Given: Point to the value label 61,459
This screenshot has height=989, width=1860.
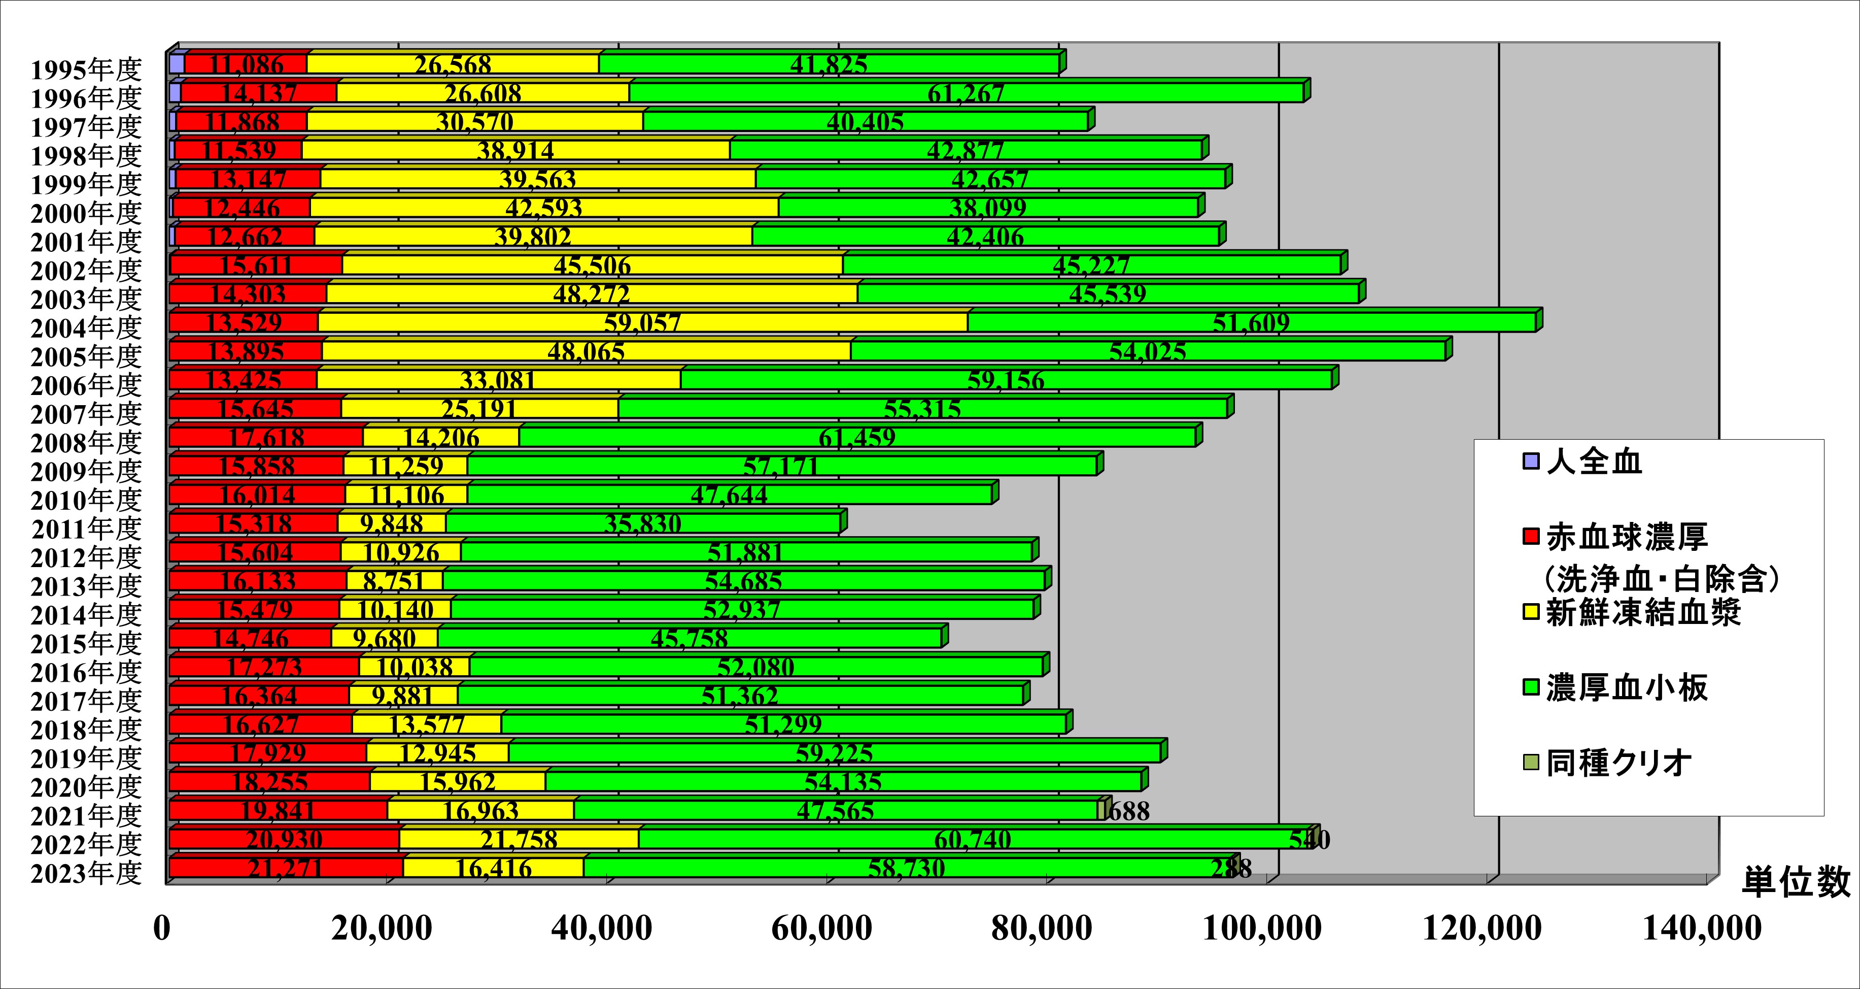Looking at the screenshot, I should pyautogui.click(x=857, y=437).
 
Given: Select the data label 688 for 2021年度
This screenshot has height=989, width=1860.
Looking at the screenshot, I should pyautogui.click(x=1128, y=811).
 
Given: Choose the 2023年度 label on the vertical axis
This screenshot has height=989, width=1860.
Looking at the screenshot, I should pyautogui.click(x=87, y=873).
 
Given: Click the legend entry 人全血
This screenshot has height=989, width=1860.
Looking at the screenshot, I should pyautogui.click(x=1594, y=461).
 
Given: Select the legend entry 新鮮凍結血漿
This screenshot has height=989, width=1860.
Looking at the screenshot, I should pyautogui.click(x=1643, y=613).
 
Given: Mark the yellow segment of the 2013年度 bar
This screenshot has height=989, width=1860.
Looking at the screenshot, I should pyautogui.click(x=394, y=581).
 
